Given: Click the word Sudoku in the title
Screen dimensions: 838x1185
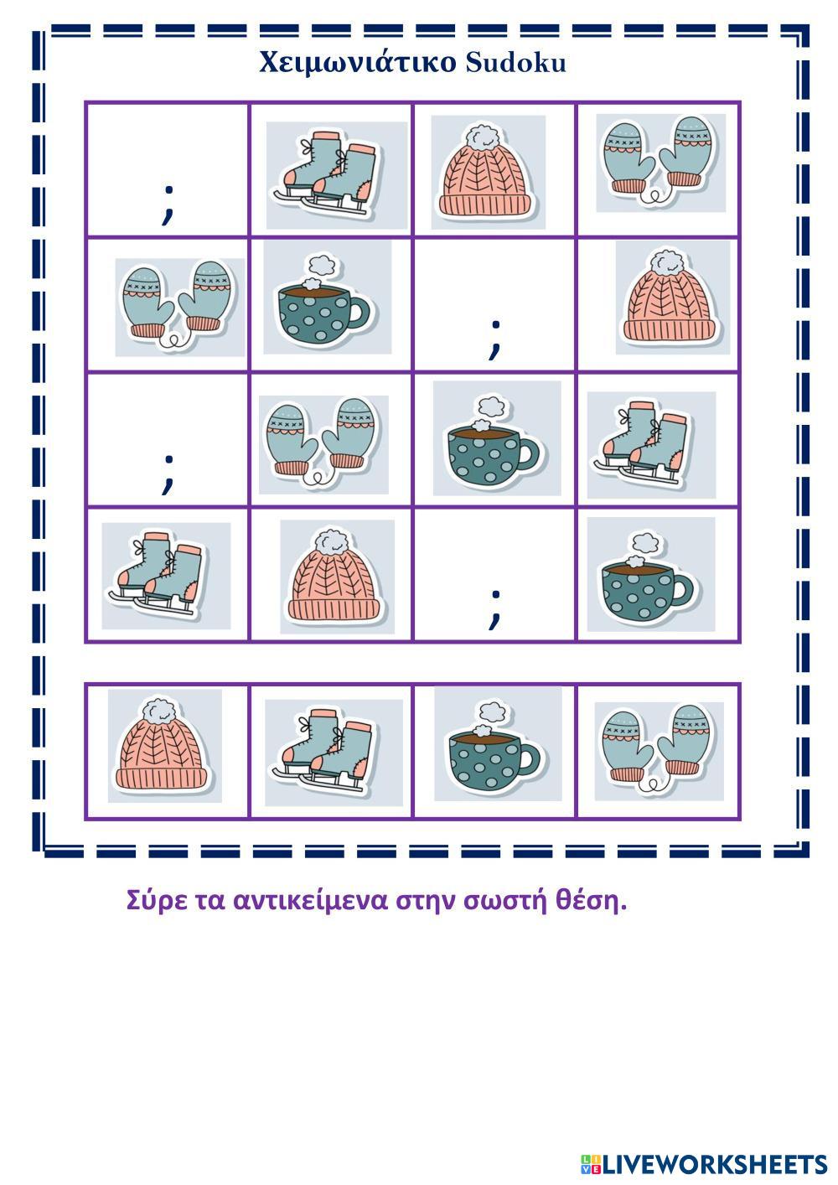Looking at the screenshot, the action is coord(516,63).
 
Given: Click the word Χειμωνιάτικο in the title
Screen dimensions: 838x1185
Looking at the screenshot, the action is coord(357,63).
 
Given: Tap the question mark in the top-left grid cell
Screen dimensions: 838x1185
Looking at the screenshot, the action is coord(168,205).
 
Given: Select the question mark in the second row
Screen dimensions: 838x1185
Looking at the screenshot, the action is coord(494,340).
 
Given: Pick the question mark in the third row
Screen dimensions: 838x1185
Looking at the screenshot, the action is coord(168,475).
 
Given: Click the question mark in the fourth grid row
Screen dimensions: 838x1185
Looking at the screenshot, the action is coord(494,610).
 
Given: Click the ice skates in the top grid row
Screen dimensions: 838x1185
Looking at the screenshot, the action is coord(336,175).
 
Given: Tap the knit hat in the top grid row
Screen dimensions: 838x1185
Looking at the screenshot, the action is coord(488,173).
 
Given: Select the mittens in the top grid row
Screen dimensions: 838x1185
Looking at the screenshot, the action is coord(661,163).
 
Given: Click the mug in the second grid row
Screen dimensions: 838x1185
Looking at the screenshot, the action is coord(328,298).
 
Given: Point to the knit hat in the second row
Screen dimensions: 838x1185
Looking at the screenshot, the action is coord(672,298).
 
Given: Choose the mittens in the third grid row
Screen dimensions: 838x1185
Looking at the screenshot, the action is coord(323,444).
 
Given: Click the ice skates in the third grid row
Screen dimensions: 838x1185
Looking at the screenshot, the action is coord(651,445).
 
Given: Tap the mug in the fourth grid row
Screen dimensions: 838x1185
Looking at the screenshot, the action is coord(651,575).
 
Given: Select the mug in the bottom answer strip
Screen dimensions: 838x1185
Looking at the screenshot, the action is coord(498,744).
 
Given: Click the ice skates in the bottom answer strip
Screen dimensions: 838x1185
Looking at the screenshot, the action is coord(334,753).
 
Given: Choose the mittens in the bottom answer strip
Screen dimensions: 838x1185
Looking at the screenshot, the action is coord(660,751).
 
